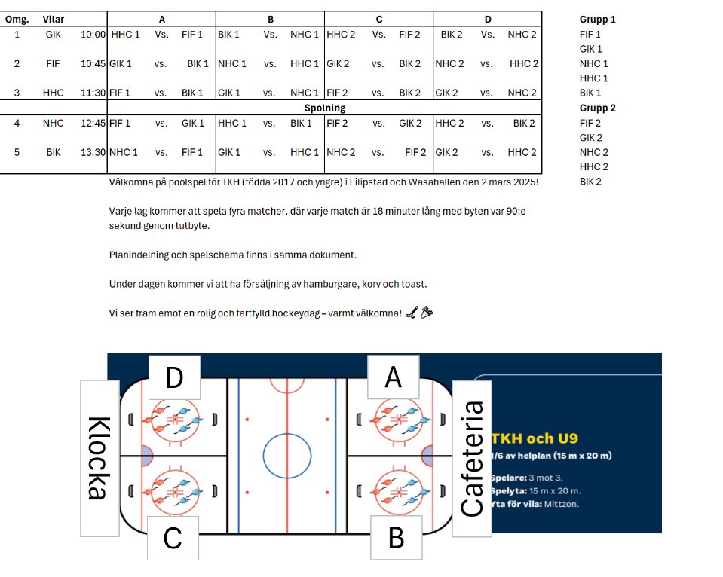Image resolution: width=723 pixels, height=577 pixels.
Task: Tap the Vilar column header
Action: [x=54, y=19]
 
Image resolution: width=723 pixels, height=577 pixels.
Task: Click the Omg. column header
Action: [x=16, y=19]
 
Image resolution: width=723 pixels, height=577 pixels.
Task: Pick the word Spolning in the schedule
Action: [x=324, y=108]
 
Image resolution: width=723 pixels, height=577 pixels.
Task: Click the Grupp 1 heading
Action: [x=597, y=19]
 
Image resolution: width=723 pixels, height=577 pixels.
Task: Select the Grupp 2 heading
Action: [x=597, y=108]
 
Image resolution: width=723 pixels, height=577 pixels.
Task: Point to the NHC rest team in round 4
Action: [x=54, y=123]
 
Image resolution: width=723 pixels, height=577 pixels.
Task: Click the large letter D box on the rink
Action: [x=174, y=377]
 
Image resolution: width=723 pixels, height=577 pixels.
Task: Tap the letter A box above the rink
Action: [x=393, y=377]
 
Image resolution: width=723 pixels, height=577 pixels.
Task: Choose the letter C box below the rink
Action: [x=173, y=538]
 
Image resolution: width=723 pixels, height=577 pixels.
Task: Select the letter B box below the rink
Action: [x=396, y=538]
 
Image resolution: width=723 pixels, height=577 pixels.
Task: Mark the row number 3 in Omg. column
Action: [x=16, y=93]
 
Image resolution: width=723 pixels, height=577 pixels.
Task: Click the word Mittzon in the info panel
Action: [x=562, y=504]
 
